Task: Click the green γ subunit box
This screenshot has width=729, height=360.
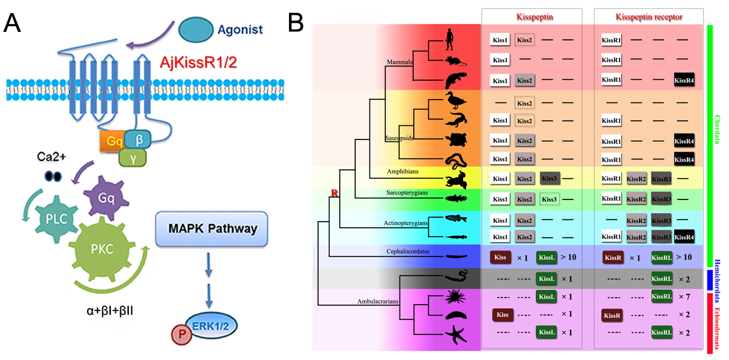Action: pos(132,158)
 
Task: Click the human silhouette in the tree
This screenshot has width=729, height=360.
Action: pos(450,39)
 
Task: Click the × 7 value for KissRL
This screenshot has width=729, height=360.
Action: pos(685,296)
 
